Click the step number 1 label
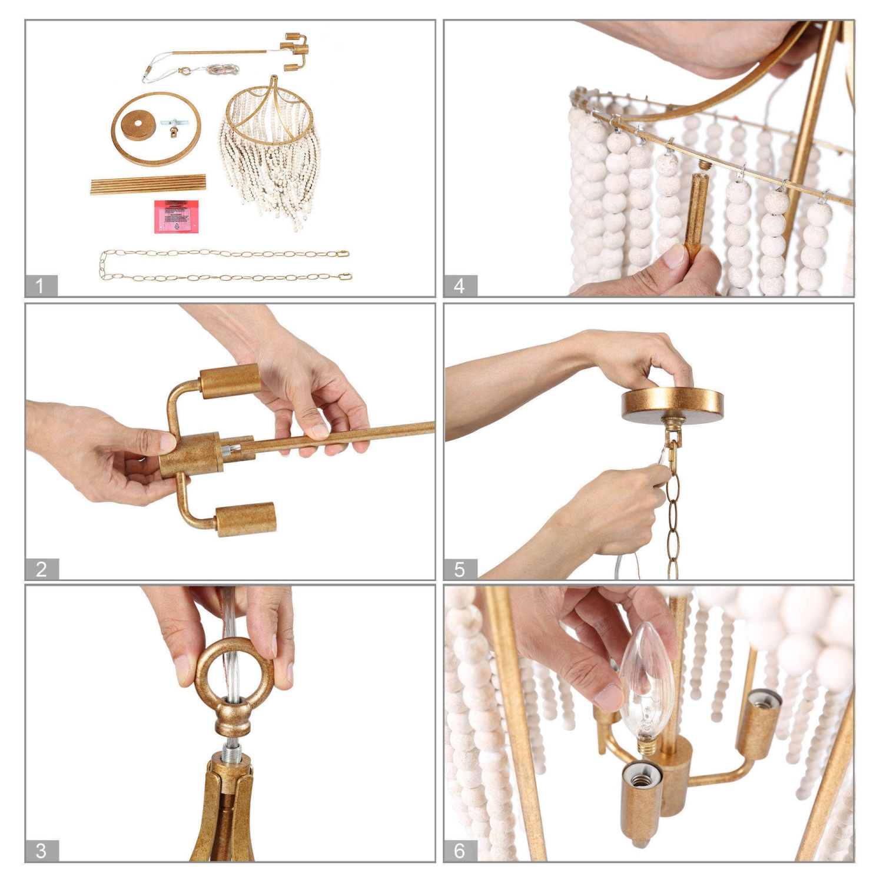point(41,286)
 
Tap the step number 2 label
point(41,569)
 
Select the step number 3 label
point(41,851)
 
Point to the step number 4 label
point(460,286)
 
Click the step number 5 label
point(460,569)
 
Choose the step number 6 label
point(460,851)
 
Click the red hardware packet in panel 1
point(176,216)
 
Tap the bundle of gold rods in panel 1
point(148,184)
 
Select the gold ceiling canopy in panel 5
point(672,404)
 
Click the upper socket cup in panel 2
point(230,381)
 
